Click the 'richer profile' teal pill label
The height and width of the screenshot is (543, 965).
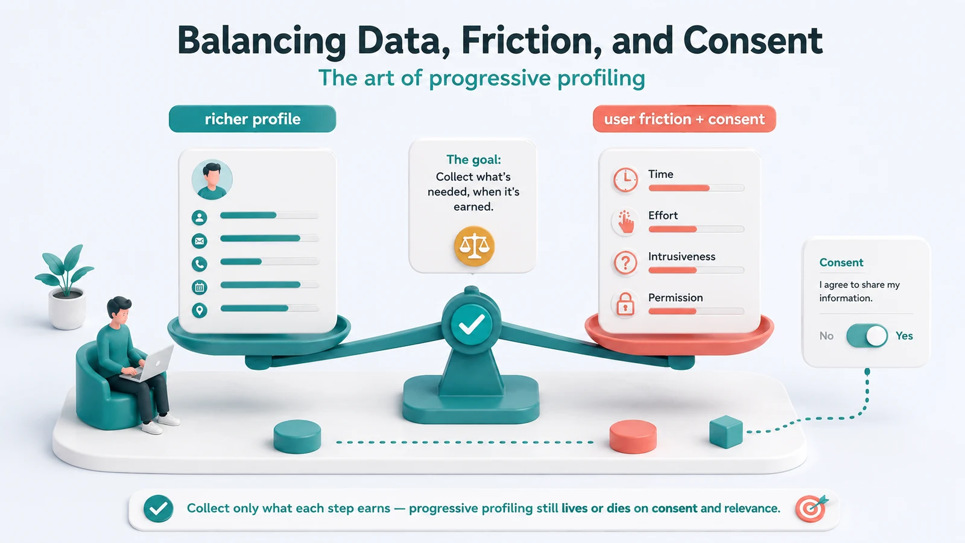coord(253,118)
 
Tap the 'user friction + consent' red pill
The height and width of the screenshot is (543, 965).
coord(684,118)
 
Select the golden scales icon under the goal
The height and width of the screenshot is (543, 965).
coord(474,246)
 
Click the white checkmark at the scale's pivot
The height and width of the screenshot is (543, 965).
coord(472,324)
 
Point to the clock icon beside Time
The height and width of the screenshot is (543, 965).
coord(625,179)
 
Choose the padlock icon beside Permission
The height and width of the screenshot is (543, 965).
coord(625,304)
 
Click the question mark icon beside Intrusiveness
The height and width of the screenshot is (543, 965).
coord(625,262)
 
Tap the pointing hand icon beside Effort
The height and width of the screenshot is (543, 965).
coord(625,221)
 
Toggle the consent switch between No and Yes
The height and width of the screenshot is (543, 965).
coord(867,335)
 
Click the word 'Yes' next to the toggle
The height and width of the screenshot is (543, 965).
coord(904,335)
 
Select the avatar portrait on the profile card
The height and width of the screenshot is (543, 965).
coord(212,179)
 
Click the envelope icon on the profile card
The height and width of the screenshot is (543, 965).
coord(200,241)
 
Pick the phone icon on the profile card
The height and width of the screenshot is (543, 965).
coord(200,264)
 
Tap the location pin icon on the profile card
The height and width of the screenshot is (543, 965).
coord(200,310)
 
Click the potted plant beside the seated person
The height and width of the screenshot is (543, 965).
coord(65,287)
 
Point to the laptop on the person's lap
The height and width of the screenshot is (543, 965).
coord(148,364)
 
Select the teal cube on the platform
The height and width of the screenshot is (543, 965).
coord(726,432)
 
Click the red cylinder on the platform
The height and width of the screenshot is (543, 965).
coord(633,437)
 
